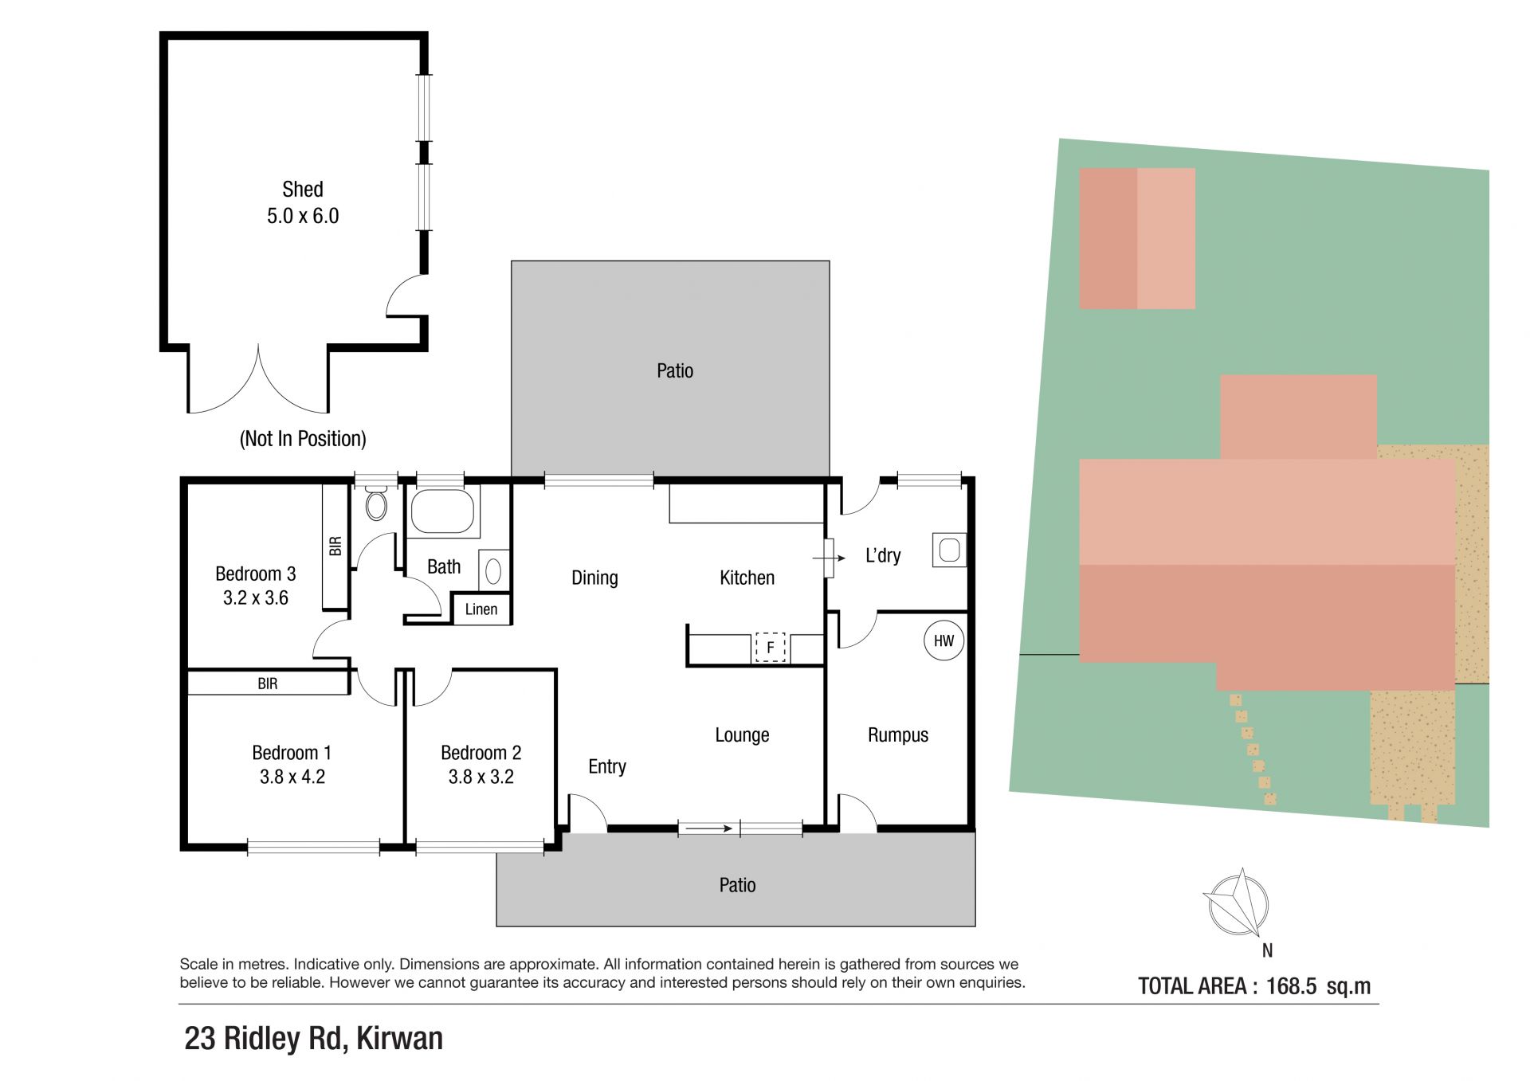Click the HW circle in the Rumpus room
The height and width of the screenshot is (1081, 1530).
click(943, 640)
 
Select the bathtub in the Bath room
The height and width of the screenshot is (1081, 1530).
click(442, 511)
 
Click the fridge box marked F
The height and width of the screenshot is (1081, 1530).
click(770, 648)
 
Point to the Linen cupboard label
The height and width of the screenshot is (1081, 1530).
click(481, 609)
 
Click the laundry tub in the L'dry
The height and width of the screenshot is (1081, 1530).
click(949, 550)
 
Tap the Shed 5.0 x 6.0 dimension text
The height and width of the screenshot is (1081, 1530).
click(303, 216)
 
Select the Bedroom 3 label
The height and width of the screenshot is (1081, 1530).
click(255, 574)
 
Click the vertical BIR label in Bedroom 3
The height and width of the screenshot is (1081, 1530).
click(335, 546)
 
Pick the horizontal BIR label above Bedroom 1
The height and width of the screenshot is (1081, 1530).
click(268, 683)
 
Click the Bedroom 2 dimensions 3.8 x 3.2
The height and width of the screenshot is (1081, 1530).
click(481, 777)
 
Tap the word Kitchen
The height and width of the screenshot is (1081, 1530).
click(747, 578)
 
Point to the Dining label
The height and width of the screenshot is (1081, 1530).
click(594, 578)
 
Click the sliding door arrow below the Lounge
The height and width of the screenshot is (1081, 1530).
click(709, 828)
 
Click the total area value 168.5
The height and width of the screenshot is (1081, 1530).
click(1291, 986)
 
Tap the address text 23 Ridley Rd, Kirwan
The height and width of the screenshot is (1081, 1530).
click(313, 1039)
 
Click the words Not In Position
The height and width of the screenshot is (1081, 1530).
click(303, 439)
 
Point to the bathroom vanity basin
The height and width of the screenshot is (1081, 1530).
click(493, 570)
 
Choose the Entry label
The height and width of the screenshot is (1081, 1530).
click(607, 766)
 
